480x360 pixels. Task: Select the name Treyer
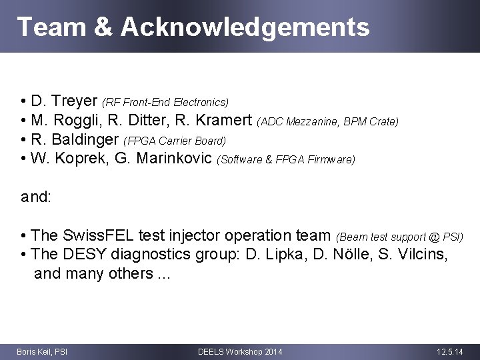[x=74, y=102]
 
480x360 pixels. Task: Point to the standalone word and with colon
[x=36, y=197]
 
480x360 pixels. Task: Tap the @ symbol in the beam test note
[x=435, y=236]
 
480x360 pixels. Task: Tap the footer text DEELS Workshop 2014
[x=240, y=351]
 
